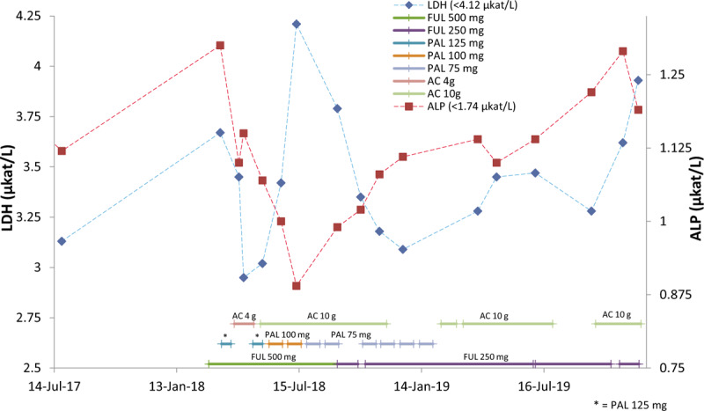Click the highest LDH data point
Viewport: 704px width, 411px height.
pyautogui.click(x=297, y=24)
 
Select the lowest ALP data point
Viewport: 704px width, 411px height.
pyautogui.click(x=297, y=285)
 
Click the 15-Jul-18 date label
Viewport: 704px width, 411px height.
pyautogui.click(x=299, y=385)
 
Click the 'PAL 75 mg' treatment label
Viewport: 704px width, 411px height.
pyautogui.click(x=350, y=334)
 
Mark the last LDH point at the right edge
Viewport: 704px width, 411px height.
pyautogui.click(x=638, y=80)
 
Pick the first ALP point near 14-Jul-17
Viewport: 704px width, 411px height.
pyautogui.click(x=62, y=150)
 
